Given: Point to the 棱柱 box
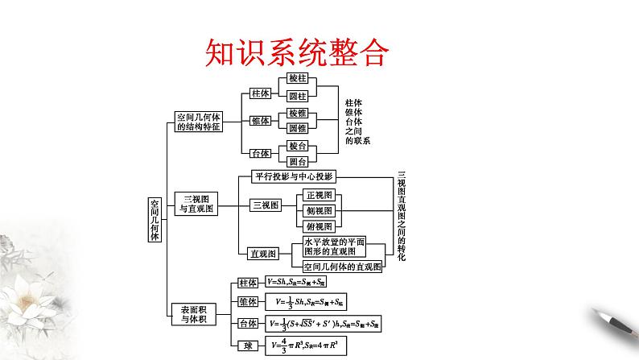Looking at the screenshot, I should point(296,79).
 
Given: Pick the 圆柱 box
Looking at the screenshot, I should point(296,96).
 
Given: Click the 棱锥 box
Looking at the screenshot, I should point(296,113).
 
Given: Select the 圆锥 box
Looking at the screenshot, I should point(296,129).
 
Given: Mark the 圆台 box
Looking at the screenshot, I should point(296,162).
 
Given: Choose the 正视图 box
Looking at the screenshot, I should point(319,196).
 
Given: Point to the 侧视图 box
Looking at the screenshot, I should point(319,211).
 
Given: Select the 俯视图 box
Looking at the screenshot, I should point(319,227).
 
